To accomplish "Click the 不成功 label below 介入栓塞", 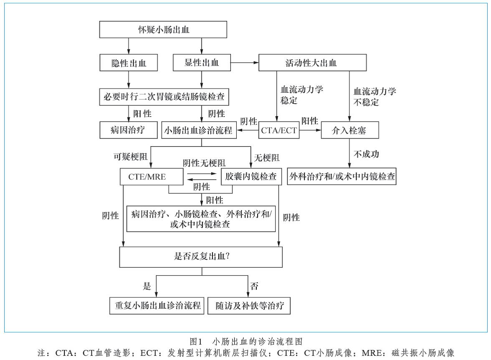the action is [x=366, y=154].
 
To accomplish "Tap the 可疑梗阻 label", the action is [x=130, y=156].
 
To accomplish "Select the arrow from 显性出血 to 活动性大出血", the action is [x=245, y=63].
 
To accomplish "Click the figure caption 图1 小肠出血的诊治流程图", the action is [x=246, y=341].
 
